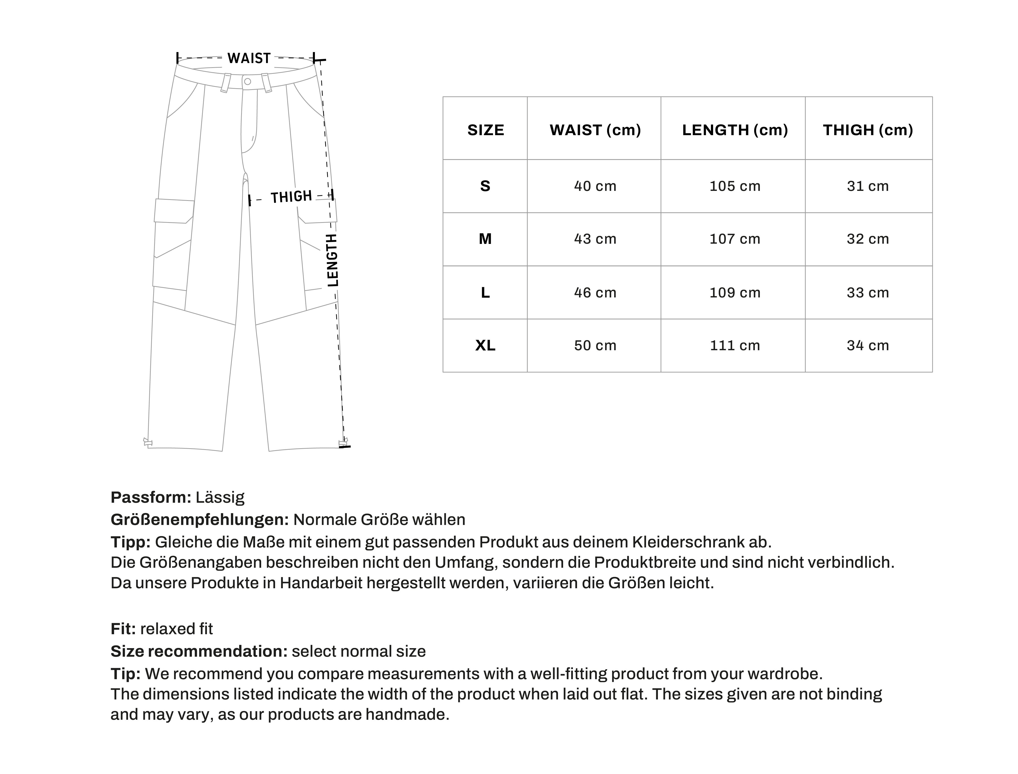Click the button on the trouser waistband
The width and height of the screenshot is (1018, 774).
point(247,82)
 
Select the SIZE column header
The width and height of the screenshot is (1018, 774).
point(485,130)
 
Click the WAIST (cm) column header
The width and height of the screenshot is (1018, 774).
point(595,130)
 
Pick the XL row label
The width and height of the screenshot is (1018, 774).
point(485,346)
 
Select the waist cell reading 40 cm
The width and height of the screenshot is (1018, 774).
point(595,186)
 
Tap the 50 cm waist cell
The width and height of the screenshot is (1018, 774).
point(595,346)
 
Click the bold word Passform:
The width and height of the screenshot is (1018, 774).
point(150,498)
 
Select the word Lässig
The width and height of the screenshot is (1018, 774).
point(220,498)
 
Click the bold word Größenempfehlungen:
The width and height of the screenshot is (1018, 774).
point(199,520)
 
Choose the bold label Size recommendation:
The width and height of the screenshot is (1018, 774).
point(199,652)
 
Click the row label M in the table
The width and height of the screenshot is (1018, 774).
point(485,239)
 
